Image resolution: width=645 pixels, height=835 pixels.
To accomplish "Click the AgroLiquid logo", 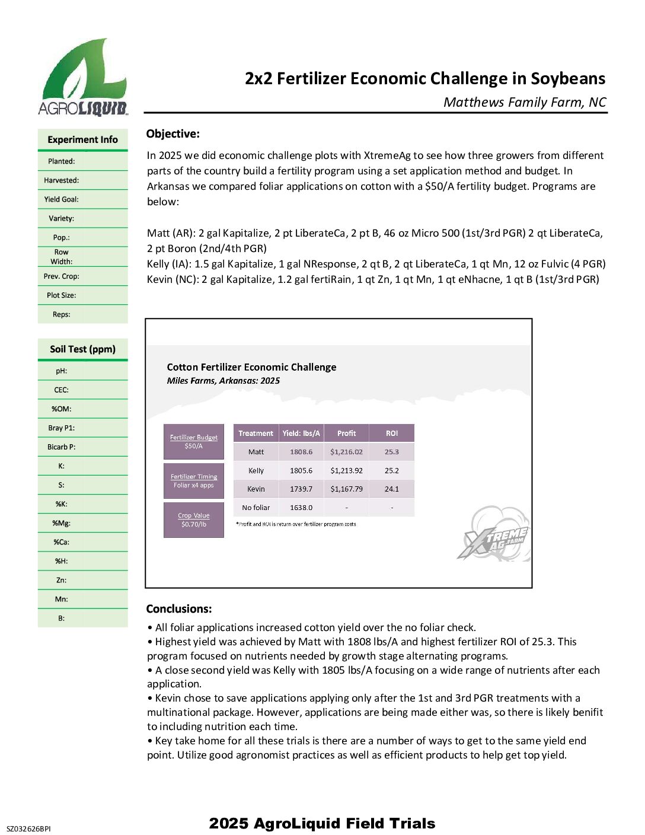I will click(83, 77).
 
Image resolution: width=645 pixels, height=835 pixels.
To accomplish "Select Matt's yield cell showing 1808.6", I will click(301, 452).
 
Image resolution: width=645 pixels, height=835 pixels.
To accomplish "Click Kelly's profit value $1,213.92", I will click(346, 470).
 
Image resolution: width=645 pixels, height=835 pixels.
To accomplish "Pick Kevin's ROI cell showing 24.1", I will click(392, 489).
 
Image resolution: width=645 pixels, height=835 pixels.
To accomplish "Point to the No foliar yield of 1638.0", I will click(301, 508).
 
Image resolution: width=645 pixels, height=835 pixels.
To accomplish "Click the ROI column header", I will click(392, 434).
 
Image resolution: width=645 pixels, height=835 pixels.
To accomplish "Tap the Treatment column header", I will click(256, 434).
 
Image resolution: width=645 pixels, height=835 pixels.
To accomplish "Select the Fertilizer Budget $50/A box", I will click(194, 442).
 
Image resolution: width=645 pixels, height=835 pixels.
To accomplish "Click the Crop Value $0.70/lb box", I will click(194, 520).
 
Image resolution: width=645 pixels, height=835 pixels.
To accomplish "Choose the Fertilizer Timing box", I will click(194, 481).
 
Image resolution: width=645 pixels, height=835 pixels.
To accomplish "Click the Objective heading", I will click(173, 134).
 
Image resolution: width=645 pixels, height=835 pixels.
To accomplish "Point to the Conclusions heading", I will click(179, 609).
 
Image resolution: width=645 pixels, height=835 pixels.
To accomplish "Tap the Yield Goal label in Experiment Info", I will click(61, 199).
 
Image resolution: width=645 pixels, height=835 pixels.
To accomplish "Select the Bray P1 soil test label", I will click(61, 428).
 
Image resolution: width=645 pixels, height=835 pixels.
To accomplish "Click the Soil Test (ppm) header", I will click(82, 349).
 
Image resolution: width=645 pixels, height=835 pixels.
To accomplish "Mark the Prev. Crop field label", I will click(61, 276).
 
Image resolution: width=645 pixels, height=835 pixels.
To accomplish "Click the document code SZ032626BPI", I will click(28, 828).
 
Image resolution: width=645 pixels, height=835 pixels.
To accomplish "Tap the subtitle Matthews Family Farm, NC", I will click(525, 103).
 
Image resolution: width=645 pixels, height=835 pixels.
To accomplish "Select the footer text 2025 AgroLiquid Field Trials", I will click(322, 823).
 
